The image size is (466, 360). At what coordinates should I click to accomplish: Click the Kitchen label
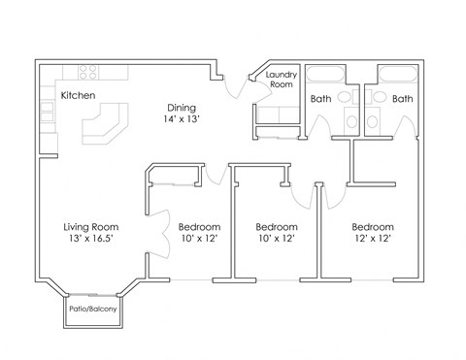[78, 95]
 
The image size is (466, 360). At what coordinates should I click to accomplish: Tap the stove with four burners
[85, 72]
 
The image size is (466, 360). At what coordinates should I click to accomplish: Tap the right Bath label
[402, 98]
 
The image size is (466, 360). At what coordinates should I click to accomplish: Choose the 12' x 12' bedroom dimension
[372, 240]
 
